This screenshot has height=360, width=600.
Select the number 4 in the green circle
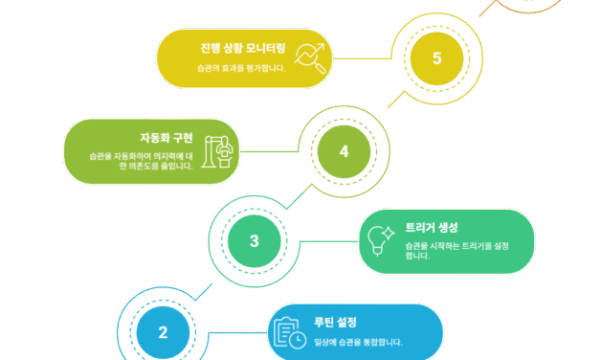pyautogui.click(x=344, y=151)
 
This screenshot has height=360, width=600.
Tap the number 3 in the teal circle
pyautogui.click(x=255, y=241)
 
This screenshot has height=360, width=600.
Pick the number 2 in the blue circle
pyautogui.click(x=163, y=333)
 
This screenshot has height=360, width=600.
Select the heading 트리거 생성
pyautogui.click(x=432, y=228)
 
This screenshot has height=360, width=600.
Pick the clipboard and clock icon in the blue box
pyautogui.click(x=289, y=331)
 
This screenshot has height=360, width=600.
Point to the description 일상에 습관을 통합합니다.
pyautogui.click(x=351, y=342)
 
